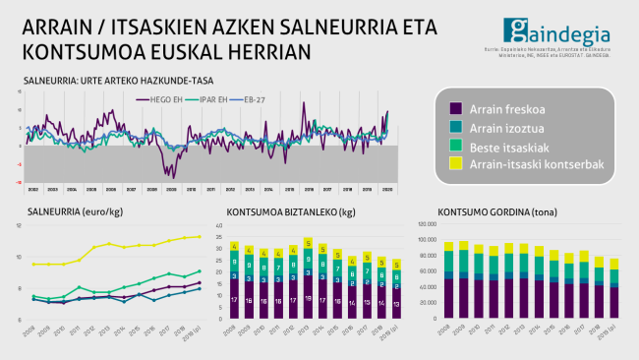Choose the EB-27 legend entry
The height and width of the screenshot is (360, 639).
[257, 99]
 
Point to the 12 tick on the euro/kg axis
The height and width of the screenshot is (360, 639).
[20, 226]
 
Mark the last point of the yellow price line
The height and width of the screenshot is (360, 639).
[200, 236]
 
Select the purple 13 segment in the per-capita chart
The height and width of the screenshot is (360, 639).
[395, 304]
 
